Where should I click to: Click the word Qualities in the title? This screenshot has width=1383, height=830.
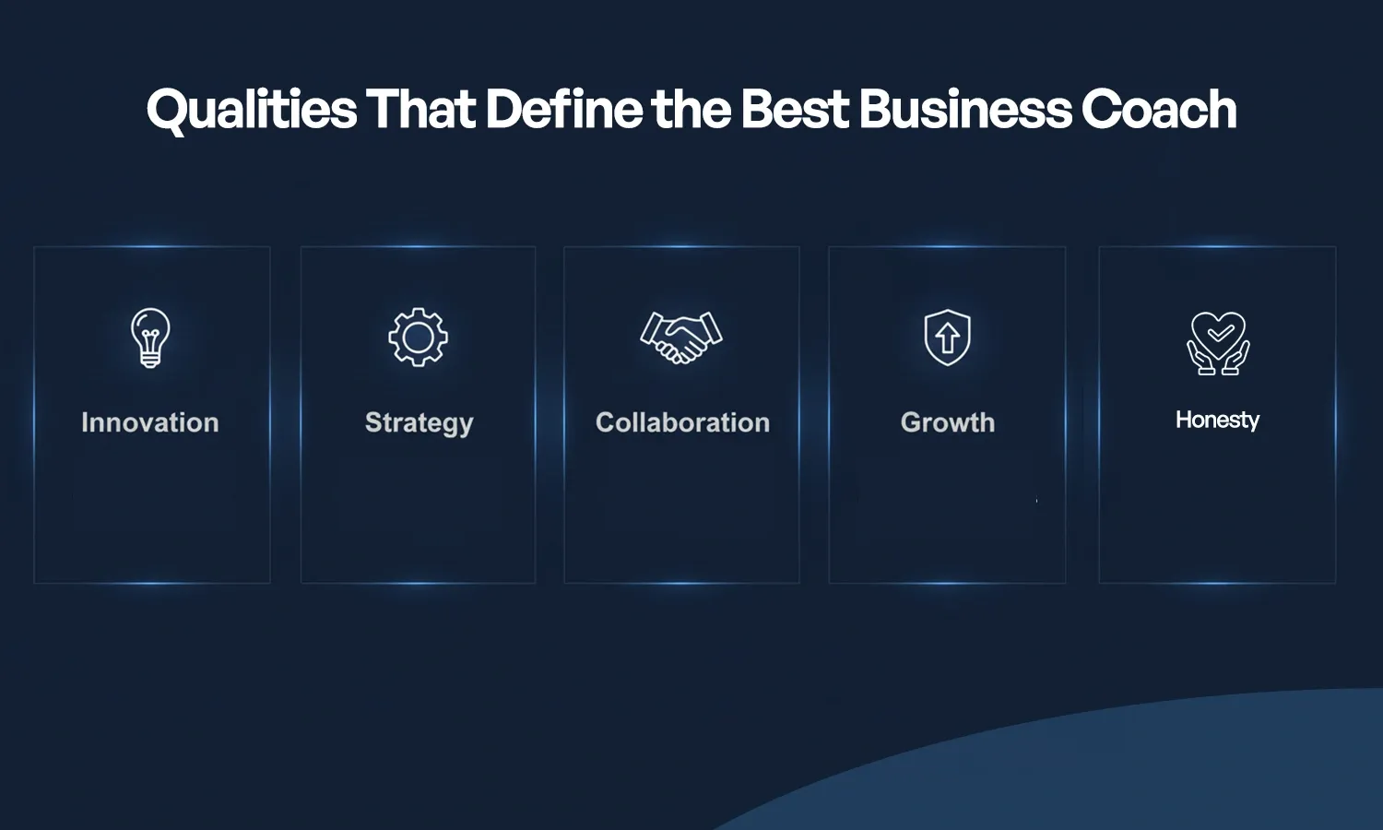pyautogui.click(x=251, y=110)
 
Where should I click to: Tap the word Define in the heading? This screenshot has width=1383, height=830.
pyautogui.click(x=564, y=110)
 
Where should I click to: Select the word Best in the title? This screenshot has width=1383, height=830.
pyautogui.click(x=794, y=110)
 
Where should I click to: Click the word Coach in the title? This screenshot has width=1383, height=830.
pyautogui.click(x=1159, y=110)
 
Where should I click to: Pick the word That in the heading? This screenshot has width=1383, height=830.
pyautogui.click(x=420, y=110)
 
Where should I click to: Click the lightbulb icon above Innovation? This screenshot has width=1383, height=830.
pyautogui.click(x=150, y=338)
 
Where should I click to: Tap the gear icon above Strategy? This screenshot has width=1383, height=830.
pyautogui.click(x=418, y=338)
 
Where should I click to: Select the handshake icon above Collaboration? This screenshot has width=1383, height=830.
pyautogui.click(x=681, y=338)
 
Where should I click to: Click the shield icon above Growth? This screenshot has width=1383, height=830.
pyautogui.click(x=948, y=338)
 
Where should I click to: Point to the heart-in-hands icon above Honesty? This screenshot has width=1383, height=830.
pyautogui.click(x=1218, y=343)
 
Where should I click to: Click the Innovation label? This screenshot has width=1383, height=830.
pyautogui.click(x=150, y=422)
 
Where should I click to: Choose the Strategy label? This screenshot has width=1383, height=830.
pyautogui.click(x=419, y=422)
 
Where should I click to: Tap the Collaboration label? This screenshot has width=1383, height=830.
pyautogui.click(x=682, y=422)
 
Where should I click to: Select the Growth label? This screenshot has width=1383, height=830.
pyautogui.click(x=948, y=422)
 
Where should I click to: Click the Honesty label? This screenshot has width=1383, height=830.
pyautogui.click(x=1217, y=421)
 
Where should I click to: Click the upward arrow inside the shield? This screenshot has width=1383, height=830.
pyautogui.click(x=948, y=338)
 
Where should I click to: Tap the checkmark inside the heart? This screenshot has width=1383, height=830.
pyautogui.click(x=1219, y=331)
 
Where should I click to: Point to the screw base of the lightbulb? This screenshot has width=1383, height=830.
pyautogui.click(x=150, y=361)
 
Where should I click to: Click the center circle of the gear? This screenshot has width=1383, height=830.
pyautogui.click(x=418, y=338)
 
